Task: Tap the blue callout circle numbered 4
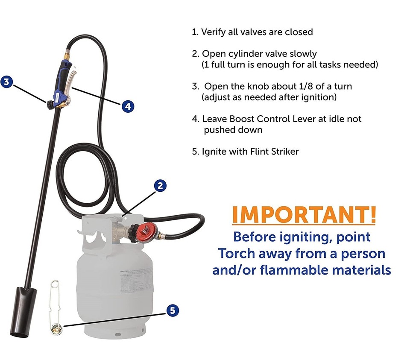pos(128,105)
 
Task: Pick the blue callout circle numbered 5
pos(172,310)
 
